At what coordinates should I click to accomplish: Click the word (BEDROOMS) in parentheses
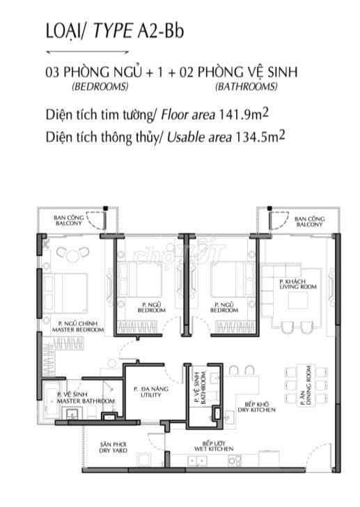click(x=100, y=87)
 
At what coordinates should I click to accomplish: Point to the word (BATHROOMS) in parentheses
click(x=246, y=87)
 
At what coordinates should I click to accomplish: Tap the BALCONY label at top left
click(x=69, y=221)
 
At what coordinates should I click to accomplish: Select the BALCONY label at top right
click(x=308, y=221)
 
